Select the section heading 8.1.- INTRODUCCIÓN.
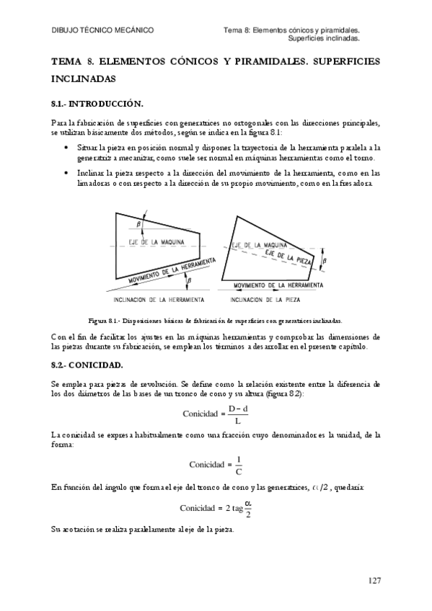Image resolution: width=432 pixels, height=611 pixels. tap(96, 104)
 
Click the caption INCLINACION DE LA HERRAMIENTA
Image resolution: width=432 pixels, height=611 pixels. tap(159, 299)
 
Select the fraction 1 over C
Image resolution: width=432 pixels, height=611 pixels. tap(239, 464)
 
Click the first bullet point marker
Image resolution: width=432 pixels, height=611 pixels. tap(67, 146)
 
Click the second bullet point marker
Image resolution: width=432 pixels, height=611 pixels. tap(67, 174)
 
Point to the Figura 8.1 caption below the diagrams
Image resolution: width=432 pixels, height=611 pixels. tap(215, 320)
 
